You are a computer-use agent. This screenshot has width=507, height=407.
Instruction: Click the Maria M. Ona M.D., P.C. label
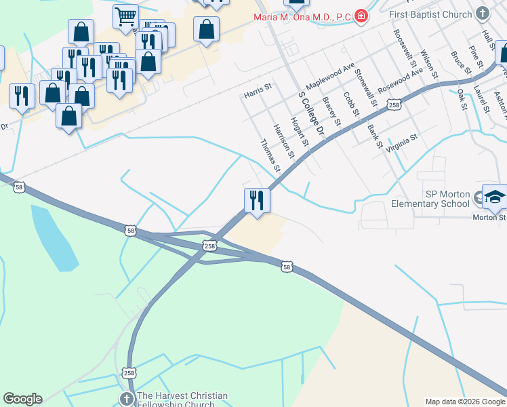[302, 16]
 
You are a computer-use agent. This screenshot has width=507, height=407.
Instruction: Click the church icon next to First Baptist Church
[482, 13]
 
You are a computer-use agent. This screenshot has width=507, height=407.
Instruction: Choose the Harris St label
[258, 91]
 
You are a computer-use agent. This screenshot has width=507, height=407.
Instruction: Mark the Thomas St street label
[270, 155]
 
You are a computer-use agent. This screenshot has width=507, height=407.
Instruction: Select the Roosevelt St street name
[406, 47]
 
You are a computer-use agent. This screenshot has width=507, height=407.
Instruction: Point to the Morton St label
[489, 217]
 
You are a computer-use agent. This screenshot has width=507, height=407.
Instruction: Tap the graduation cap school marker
[495, 197]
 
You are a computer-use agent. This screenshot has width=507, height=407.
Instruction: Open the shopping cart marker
[125, 18]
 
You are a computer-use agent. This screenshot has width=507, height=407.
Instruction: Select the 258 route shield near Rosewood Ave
[395, 104]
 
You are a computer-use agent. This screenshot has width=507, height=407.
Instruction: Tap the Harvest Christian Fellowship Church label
[182, 400]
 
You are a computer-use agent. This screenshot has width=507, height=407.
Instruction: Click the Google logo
[22, 399]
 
